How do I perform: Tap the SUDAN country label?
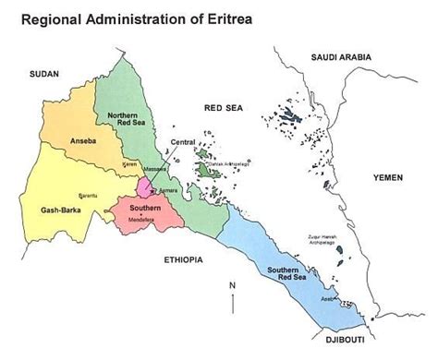coord(43,73)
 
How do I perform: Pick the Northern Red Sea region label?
coord(122,120)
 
